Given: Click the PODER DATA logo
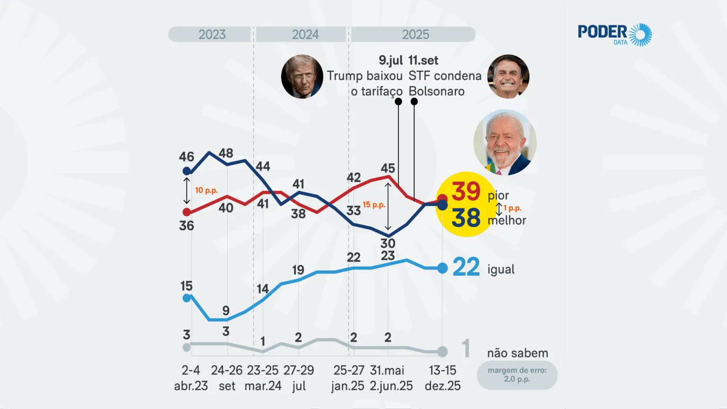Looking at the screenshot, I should tap(614, 35).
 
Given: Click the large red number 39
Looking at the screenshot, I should tap(466, 191).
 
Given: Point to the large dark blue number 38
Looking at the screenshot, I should tap(466, 218).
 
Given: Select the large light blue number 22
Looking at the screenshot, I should tap(466, 267).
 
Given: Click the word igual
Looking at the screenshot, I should tap(501, 269).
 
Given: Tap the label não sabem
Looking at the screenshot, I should tap(517, 353).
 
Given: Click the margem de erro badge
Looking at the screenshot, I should tap(517, 375).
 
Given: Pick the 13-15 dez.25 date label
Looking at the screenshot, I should tap(443, 378).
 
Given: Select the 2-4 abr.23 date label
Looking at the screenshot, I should tap(191, 378).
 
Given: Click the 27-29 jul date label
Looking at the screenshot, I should tap(299, 378).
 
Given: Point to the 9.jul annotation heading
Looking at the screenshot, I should tap(390, 61).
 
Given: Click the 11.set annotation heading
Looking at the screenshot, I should tap(423, 61).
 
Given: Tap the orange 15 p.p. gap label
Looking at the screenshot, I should tap(374, 205).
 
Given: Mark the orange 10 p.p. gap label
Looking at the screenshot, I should tap(206, 190).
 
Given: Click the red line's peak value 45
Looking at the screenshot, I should tap(388, 169).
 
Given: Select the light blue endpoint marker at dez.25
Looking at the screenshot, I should tap(442, 268).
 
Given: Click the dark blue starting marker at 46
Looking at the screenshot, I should tap(187, 171).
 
